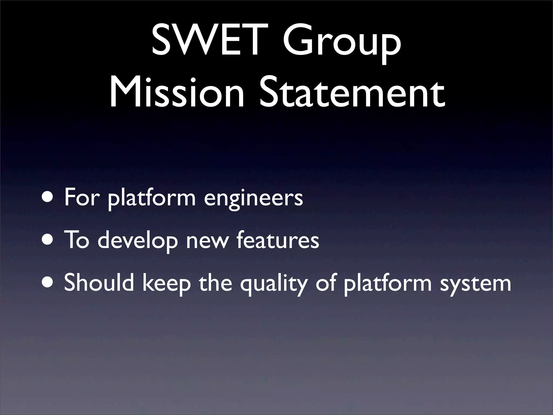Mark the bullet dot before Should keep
[49, 283]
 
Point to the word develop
[138, 241]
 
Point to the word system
[475, 284]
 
